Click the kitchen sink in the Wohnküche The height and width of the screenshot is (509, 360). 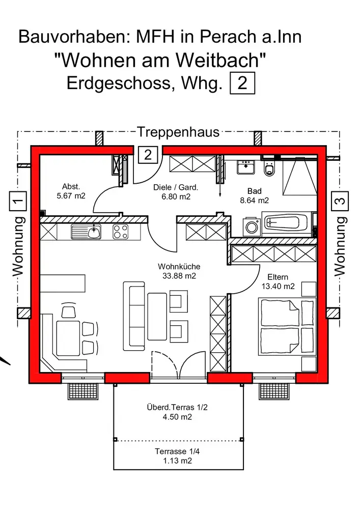pyautogui.click(x=87, y=232)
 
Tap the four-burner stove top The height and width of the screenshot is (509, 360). pyautogui.click(x=120, y=232)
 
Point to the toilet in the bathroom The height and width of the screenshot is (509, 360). pyautogui.click(x=269, y=169)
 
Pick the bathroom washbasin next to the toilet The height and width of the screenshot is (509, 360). pyautogui.click(x=246, y=166)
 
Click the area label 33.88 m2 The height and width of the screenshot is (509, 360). pyautogui.click(x=179, y=276)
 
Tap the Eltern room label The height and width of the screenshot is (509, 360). pyautogui.click(x=278, y=277)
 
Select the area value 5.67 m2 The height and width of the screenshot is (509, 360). pyautogui.click(x=71, y=195)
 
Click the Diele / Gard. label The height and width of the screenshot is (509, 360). pyautogui.click(x=176, y=187)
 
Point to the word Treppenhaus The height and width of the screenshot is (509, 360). pyautogui.click(x=178, y=132)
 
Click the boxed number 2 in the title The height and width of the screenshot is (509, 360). pyautogui.click(x=242, y=82)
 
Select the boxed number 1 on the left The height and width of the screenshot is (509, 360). pyautogui.click(x=18, y=201)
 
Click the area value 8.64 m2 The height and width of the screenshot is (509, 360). pyautogui.click(x=254, y=200)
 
